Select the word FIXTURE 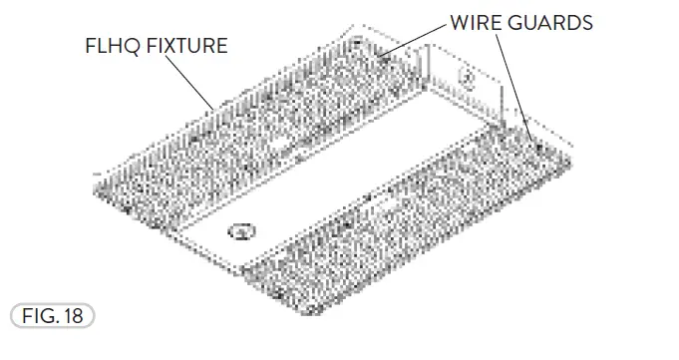(186, 47)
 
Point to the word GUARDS (555, 21)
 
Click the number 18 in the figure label (74, 316)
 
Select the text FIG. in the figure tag (40, 316)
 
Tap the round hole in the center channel (238, 232)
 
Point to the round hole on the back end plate (464, 75)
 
